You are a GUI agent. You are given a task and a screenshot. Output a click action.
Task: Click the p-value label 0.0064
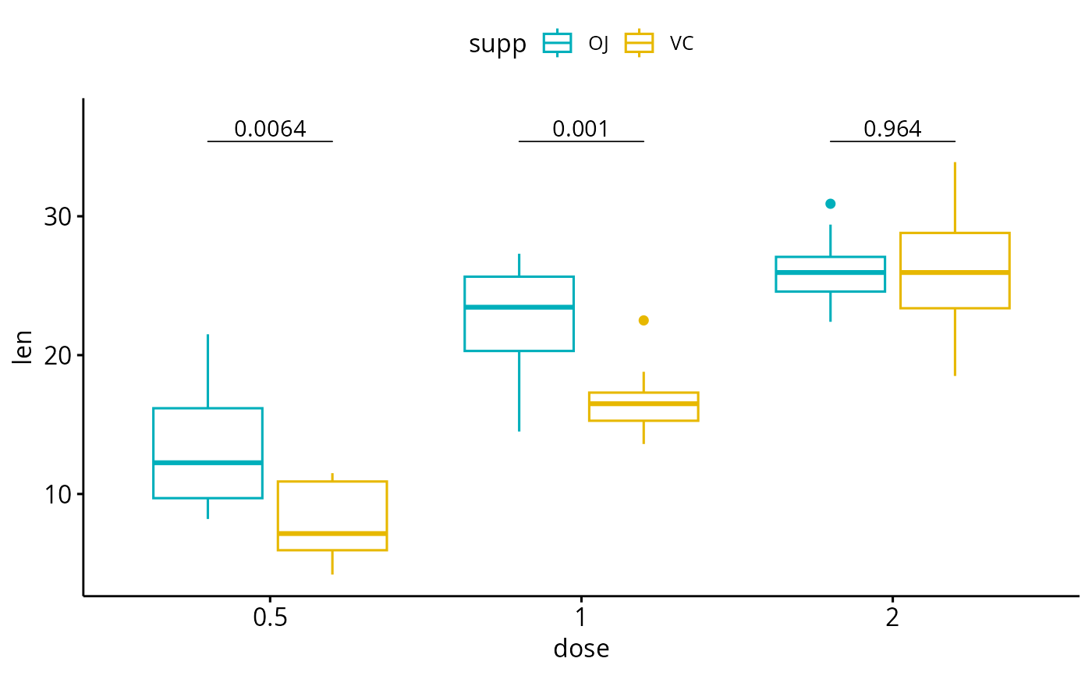(270, 129)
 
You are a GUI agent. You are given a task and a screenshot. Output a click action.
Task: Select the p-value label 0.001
(580, 129)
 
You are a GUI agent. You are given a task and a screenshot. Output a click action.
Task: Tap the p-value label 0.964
(892, 129)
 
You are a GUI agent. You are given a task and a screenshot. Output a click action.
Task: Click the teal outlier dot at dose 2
(831, 204)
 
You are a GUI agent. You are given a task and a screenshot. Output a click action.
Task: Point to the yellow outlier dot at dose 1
(643, 320)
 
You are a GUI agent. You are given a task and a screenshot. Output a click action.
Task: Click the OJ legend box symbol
(558, 43)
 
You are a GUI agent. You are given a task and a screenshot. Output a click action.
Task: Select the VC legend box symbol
(640, 43)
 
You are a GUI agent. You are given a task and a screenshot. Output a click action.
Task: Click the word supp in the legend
(498, 44)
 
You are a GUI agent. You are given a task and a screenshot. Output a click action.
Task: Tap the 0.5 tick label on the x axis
(270, 619)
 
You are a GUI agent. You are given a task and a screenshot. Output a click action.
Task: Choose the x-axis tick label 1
(580, 619)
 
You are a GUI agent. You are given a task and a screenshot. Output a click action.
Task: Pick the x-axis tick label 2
(892, 619)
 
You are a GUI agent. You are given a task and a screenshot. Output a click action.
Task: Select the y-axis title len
(23, 348)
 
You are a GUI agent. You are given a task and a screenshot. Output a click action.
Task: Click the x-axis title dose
(581, 649)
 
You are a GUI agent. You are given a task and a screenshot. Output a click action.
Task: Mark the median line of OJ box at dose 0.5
(207, 463)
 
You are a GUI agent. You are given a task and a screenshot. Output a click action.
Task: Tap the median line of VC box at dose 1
(643, 404)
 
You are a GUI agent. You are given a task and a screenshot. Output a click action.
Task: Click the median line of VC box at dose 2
(955, 272)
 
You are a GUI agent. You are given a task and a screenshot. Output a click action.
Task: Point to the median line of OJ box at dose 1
(519, 307)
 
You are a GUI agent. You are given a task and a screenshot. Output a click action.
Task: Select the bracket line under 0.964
(892, 141)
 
